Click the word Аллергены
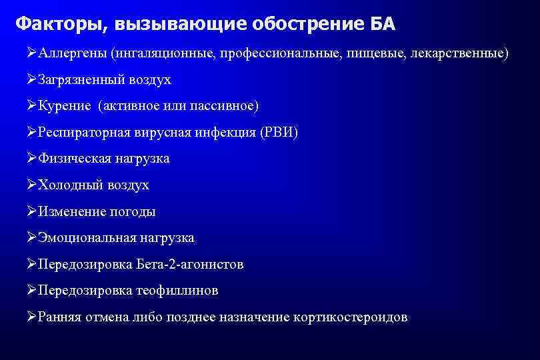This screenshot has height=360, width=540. coord(73,53)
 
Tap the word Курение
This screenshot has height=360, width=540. coord(65,106)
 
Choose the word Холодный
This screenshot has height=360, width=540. coord(69,185)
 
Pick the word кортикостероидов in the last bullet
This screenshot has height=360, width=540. coord(350,317)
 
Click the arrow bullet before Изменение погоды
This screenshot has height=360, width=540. coord(32,212)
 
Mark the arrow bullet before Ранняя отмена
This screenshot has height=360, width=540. coord(32,317)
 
